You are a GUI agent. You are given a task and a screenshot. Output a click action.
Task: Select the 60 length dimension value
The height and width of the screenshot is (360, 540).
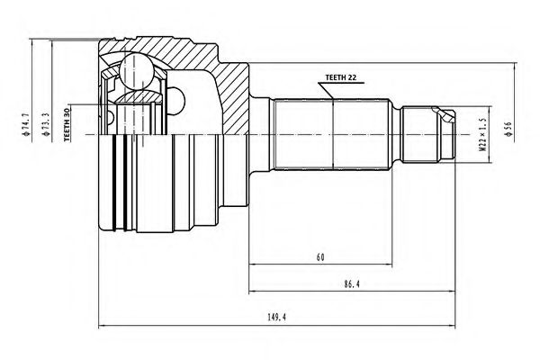(x=320, y=257)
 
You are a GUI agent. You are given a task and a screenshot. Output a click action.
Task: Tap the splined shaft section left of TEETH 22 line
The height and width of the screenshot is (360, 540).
(x=302, y=134)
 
